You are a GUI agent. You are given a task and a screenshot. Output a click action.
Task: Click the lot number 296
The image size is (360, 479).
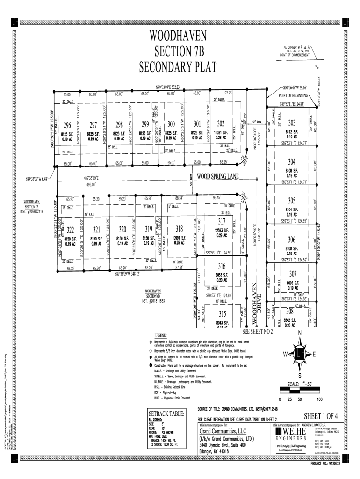click(67, 125)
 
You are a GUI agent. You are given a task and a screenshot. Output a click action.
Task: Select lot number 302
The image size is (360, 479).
click(221, 124)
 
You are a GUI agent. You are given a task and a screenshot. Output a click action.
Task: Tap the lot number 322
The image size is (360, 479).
click(70, 230)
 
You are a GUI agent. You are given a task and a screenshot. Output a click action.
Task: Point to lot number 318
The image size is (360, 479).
click(179, 229)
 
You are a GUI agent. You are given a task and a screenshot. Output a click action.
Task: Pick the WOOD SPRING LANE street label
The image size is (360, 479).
click(217, 177)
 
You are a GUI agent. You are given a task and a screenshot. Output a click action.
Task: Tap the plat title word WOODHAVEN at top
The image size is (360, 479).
click(179, 36)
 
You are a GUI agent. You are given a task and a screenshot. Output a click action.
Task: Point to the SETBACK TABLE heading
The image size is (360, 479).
click(166, 414)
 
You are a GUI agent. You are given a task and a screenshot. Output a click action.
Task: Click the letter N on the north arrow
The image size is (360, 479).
click(300, 333)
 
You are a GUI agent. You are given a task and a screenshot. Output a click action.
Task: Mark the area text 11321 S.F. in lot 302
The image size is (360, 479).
click(221, 133)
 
